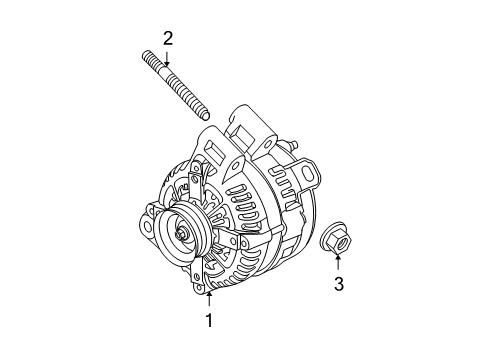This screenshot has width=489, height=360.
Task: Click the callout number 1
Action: coord(209,320)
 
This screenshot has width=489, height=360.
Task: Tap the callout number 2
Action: coord(168,38)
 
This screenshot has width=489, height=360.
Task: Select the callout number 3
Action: coord(338,285)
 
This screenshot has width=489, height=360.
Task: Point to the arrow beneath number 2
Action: coord(168,57)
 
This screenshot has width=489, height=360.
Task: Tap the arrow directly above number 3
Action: coord(338,263)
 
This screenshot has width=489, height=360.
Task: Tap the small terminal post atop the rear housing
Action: coord(296,145)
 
